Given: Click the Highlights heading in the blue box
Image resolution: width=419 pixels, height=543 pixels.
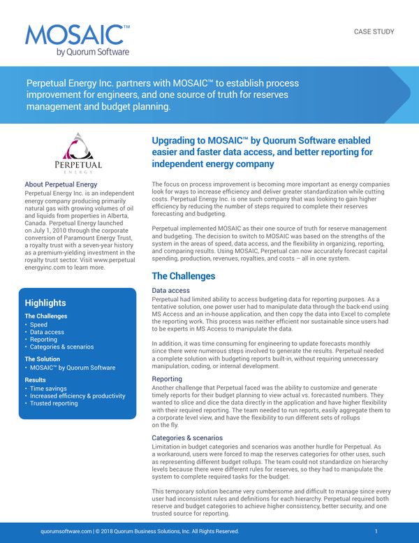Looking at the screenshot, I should [x=45, y=303].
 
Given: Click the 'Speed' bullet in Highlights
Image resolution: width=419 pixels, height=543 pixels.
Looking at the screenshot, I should [x=38, y=324].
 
